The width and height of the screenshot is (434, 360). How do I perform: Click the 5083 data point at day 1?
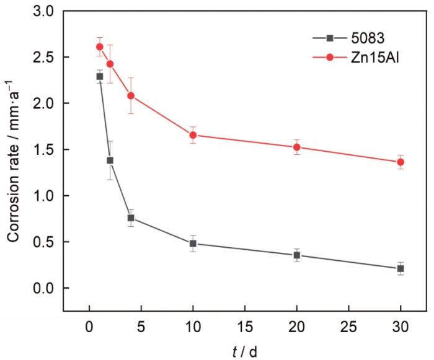click(100, 76)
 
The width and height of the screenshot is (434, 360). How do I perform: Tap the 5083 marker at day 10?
click(193, 244)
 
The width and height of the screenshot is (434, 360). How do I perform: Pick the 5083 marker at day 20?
click(296, 255)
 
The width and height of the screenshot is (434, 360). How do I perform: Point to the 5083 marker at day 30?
click(401, 268)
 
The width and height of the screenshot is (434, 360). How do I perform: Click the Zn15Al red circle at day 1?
click(100, 46)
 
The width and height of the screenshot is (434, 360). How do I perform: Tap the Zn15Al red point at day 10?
click(193, 135)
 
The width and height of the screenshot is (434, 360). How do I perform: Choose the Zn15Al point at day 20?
click(296, 147)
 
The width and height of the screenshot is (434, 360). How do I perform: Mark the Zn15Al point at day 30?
click(401, 162)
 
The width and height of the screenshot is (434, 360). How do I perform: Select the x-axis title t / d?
click(245, 351)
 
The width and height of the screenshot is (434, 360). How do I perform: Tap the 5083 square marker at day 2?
click(110, 160)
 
